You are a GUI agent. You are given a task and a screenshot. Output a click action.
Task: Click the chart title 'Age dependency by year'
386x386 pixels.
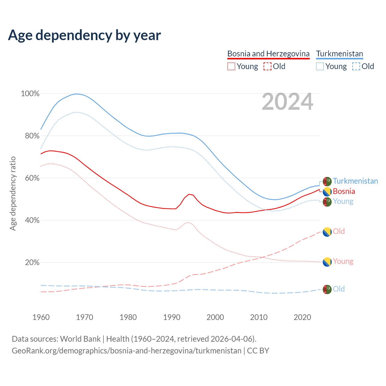(84, 35)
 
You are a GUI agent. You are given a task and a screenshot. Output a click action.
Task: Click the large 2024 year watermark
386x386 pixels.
(287, 102)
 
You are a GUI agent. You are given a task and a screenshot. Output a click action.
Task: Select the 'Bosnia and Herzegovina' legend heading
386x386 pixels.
(268, 54)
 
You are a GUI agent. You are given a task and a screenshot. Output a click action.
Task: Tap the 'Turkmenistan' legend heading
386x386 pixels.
(340, 54)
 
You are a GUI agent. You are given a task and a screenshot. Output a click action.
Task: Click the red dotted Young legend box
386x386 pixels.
(231, 66)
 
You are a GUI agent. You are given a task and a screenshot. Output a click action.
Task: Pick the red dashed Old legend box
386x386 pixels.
(267, 66)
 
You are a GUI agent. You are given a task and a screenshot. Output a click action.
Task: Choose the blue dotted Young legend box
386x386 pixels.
(320, 66)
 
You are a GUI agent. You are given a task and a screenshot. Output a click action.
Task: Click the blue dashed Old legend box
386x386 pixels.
(356, 66)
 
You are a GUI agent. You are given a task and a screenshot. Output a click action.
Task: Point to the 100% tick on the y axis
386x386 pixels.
(30, 94)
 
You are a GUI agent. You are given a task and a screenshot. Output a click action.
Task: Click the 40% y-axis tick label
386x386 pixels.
(32, 220)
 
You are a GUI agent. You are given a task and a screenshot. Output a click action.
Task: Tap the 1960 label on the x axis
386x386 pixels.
(41, 317)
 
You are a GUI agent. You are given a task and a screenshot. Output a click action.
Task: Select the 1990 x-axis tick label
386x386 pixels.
(172, 317)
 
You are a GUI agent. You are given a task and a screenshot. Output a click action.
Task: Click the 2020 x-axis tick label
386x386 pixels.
(302, 317)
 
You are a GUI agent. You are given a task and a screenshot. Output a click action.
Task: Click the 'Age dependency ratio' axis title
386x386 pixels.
(13, 193)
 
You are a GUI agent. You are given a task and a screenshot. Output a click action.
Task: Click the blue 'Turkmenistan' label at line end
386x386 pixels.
(355, 181)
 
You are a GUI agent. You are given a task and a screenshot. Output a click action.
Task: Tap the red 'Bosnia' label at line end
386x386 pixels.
(344, 191)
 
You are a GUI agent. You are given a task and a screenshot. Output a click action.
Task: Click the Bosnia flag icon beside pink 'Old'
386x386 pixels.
(327, 232)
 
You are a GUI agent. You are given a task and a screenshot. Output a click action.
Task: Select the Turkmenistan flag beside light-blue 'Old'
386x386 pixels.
(327, 289)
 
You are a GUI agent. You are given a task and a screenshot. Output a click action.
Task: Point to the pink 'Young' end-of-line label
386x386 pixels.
(343, 261)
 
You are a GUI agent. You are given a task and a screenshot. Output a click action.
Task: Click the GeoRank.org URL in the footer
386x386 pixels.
(127, 351)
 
